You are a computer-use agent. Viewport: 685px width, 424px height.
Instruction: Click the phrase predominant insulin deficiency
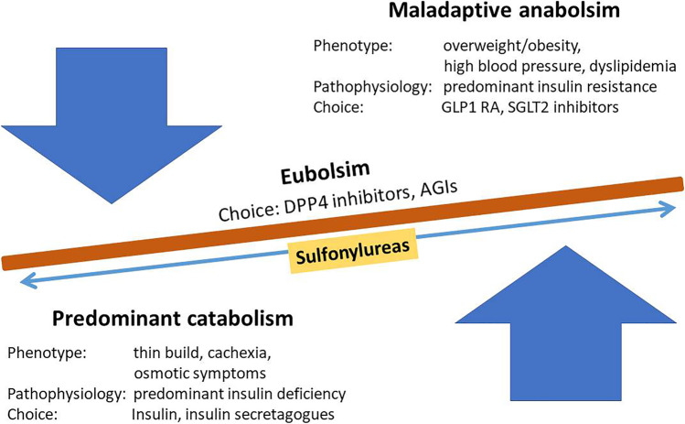pyautogui.click(x=226, y=393)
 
